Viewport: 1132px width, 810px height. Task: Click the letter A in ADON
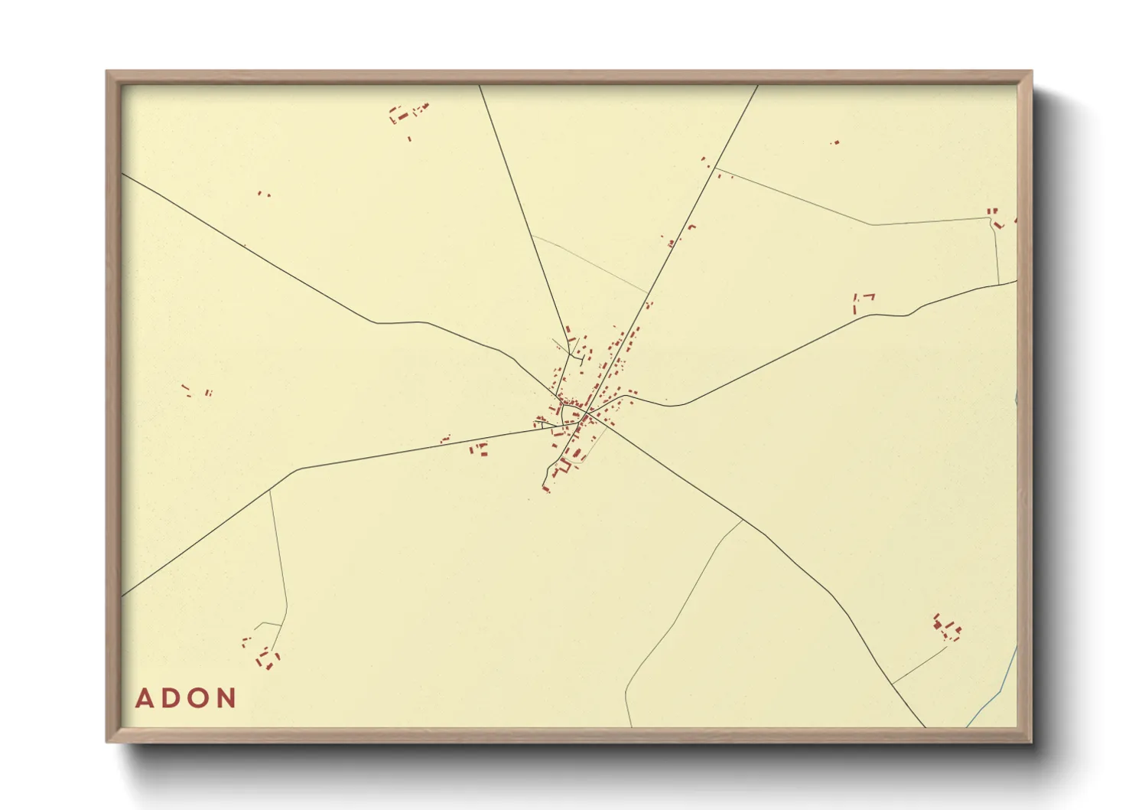(x=145, y=698)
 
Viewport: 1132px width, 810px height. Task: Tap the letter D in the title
(x=171, y=698)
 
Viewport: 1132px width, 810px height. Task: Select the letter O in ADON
(x=198, y=698)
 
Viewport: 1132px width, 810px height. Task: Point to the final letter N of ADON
(x=226, y=698)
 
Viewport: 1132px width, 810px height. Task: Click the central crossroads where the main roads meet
(x=585, y=414)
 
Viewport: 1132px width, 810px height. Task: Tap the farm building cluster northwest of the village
(x=407, y=114)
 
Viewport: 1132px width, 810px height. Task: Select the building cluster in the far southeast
(x=947, y=629)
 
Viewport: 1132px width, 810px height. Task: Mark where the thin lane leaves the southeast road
(x=743, y=521)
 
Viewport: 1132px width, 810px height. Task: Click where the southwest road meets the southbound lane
(x=270, y=490)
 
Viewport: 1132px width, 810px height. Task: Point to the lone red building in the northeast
(x=835, y=142)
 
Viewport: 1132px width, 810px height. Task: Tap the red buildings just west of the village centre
(x=480, y=449)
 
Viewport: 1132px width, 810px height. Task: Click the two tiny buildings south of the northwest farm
(x=263, y=194)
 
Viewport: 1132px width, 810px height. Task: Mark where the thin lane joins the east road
(x=999, y=283)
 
